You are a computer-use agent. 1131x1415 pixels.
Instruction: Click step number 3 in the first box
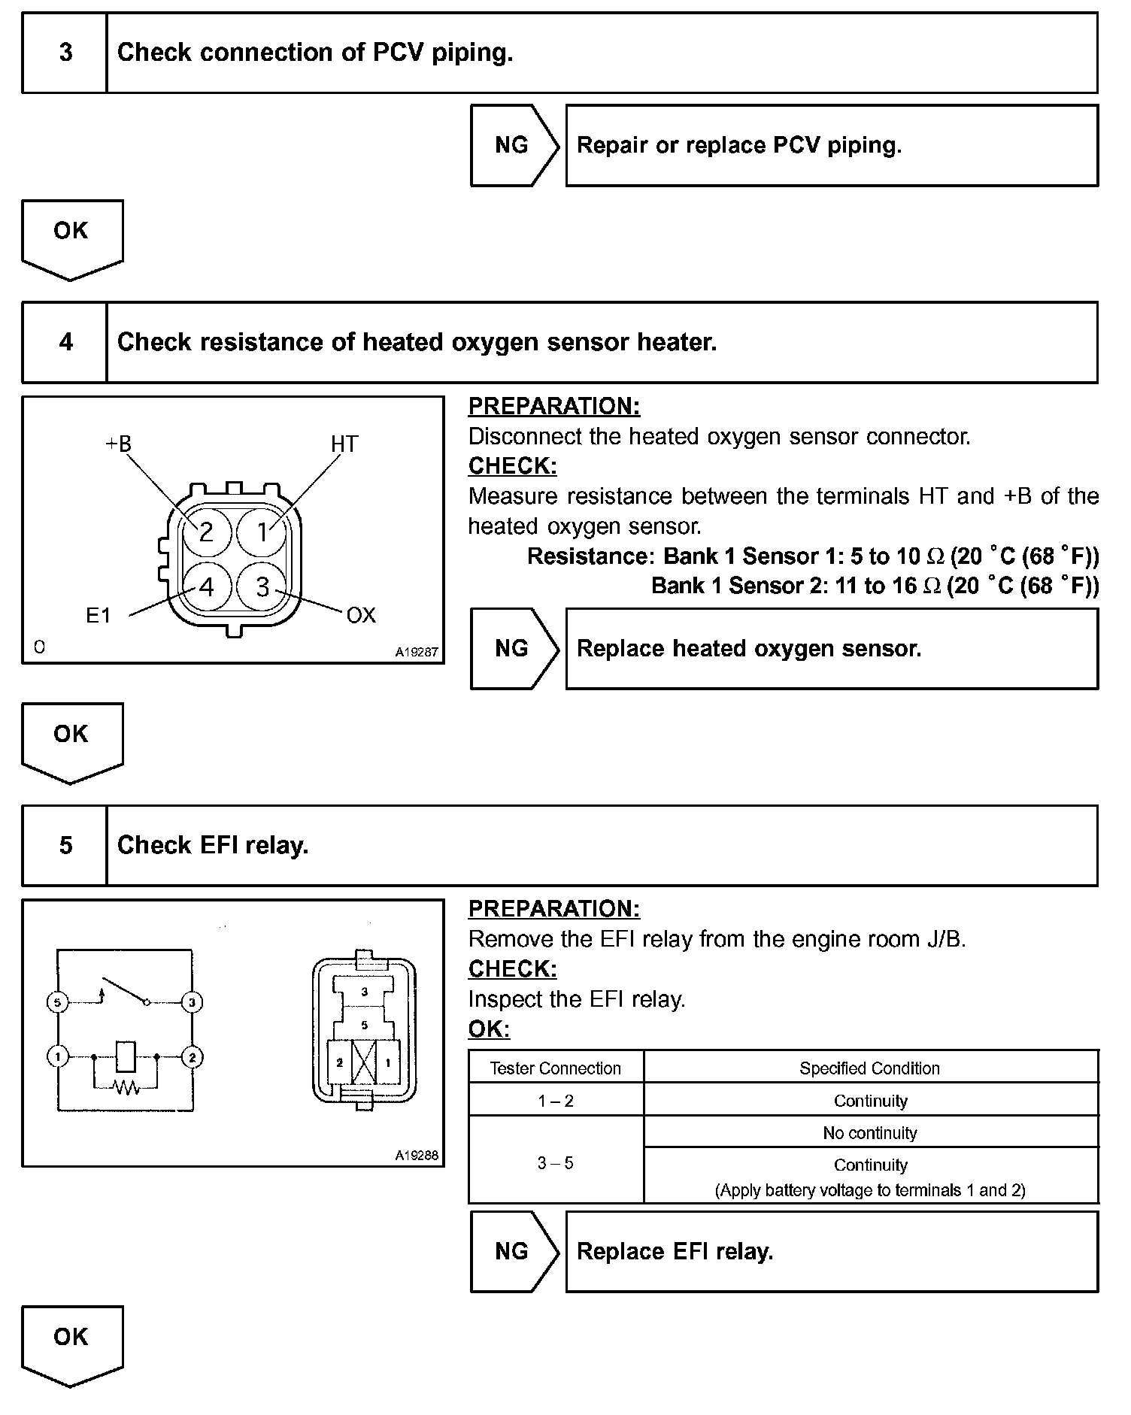65,53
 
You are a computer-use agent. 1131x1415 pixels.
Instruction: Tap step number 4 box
65,342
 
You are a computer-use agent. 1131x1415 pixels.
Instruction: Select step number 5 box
65,845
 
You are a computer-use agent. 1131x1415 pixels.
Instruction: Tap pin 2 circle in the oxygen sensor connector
205,532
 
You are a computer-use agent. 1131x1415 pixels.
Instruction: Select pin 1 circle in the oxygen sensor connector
262,532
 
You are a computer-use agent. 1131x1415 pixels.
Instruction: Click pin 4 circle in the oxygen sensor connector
205,586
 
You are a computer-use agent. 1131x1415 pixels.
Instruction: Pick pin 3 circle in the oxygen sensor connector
262,586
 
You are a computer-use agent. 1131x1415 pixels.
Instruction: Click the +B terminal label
117,444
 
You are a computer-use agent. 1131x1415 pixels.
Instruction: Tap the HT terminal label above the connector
344,444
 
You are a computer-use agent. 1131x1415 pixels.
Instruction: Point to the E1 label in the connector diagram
98,616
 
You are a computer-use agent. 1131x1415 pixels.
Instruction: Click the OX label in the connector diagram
360,616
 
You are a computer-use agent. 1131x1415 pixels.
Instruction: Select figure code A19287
416,652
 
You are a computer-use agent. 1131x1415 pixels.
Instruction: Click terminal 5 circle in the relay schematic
57,1002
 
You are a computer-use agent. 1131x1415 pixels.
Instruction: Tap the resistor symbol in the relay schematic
126,1086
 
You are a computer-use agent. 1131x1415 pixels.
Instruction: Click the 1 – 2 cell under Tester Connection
556,1101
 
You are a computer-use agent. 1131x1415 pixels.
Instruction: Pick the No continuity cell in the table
870,1132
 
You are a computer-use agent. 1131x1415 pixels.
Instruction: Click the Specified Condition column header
869,1068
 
